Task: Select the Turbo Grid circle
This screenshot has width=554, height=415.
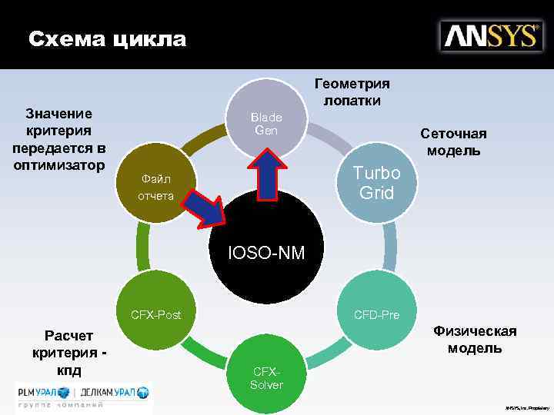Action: [x=376, y=181]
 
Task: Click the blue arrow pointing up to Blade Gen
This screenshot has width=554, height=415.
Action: [x=266, y=173]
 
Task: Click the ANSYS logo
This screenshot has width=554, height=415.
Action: [x=489, y=36]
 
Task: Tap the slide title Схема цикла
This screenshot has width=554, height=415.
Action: [x=107, y=38]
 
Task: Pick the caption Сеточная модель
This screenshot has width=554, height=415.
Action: [x=453, y=141]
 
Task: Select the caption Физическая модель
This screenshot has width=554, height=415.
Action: [x=474, y=339]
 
